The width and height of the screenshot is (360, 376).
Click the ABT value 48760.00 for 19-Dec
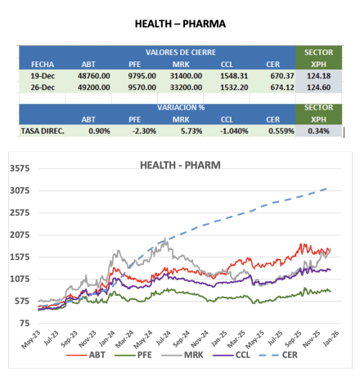tap(94, 76)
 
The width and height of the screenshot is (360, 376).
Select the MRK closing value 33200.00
tap(186, 87)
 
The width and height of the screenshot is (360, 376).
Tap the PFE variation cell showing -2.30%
tap(144, 132)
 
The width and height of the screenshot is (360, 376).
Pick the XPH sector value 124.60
tap(318, 87)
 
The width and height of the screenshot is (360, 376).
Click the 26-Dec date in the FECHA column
tap(43, 87)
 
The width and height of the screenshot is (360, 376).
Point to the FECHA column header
tap(43, 65)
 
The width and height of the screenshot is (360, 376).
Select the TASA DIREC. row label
tap(43, 132)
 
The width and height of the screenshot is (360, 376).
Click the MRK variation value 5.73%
tap(191, 132)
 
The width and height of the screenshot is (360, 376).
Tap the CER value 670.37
tap(282, 76)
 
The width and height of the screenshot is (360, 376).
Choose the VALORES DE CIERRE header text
tap(181, 52)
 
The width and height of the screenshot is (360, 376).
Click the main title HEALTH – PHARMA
tap(180, 24)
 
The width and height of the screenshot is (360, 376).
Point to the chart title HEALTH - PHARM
tap(180, 165)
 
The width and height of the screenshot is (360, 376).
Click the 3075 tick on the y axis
tap(20, 190)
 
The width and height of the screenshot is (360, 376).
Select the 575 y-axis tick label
tap(22, 301)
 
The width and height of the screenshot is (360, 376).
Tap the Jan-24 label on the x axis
tap(107, 338)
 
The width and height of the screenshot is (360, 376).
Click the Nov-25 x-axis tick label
tap(312, 339)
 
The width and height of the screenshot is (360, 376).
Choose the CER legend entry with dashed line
tap(278, 355)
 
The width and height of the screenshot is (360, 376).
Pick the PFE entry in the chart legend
tap(133, 355)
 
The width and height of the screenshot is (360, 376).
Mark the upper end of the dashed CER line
tap(326, 189)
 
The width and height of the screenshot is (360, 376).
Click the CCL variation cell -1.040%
tap(234, 132)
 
